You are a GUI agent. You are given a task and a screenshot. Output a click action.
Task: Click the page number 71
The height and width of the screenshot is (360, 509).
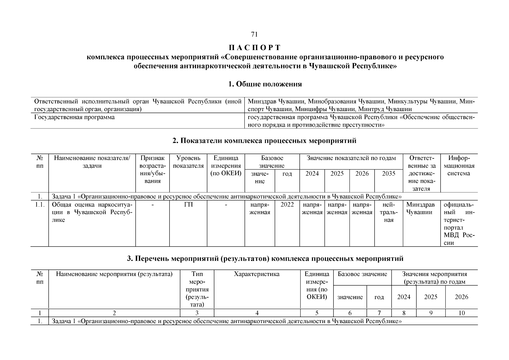click(254, 34)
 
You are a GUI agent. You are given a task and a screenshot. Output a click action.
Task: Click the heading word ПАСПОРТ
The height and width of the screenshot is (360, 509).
click(254, 48)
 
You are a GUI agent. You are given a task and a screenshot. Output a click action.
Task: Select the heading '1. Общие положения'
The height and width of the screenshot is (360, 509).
click(265, 84)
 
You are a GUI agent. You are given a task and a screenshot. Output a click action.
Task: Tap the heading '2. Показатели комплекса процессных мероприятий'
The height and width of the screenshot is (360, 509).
click(264, 141)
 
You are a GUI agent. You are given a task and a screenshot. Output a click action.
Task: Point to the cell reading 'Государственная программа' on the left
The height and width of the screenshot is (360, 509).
click(74, 117)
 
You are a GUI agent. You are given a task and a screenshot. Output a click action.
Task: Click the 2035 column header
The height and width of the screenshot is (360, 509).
click(388, 174)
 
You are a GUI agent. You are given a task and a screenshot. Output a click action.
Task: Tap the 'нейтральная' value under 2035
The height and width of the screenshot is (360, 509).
click(388, 212)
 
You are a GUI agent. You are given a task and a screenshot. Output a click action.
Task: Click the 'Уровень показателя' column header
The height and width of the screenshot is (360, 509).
click(188, 162)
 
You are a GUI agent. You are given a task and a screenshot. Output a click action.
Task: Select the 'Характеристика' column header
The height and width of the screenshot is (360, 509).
click(257, 274)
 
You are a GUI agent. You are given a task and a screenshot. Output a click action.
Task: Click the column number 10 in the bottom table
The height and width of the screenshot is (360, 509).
click(461, 313)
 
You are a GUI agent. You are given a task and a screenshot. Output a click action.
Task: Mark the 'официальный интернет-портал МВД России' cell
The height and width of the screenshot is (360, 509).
click(459, 224)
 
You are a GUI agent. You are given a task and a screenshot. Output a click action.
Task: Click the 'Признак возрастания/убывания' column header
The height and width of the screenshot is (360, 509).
click(152, 169)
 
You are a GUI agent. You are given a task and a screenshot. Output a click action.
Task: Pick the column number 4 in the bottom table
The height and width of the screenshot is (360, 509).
click(257, 313)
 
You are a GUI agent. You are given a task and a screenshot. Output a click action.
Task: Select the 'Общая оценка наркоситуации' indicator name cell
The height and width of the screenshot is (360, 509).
click(92, 212)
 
